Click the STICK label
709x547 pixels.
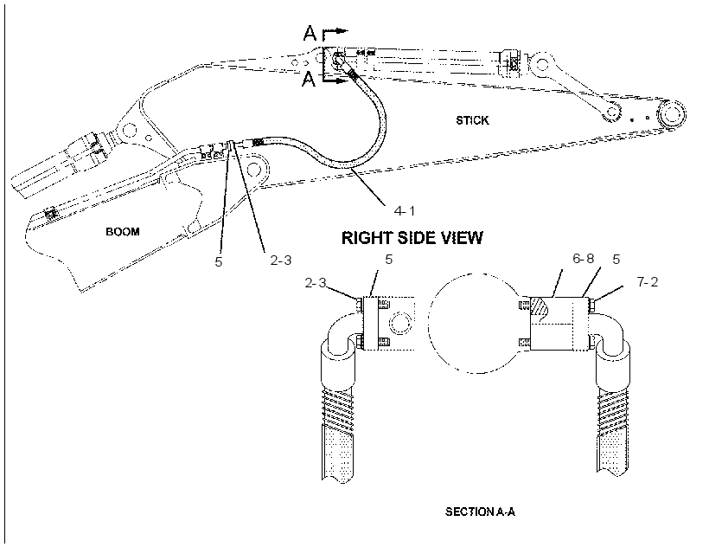tap(472, 120)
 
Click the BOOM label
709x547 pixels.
tap(123, 232)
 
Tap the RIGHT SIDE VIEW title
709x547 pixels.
tap(412, 238)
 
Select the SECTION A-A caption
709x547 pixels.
tap(480, 512)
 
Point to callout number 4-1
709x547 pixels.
tap(405, 210)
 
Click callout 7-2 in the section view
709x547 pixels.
tap(648, 282)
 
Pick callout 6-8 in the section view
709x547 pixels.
tap(584, 258)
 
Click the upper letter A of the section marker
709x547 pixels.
tap(310, 33)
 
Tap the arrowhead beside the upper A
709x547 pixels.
tap(343, 31)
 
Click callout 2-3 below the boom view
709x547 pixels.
tap(281, 261)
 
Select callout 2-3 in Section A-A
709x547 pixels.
tap(316, 283)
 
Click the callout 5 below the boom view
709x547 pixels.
tap(219, 262)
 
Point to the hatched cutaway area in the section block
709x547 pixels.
tap(540, 306)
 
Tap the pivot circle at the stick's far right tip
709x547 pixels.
tap(672, 113)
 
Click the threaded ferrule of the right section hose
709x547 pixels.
tap(613, 410)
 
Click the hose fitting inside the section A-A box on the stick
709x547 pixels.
tap(338, 61)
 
